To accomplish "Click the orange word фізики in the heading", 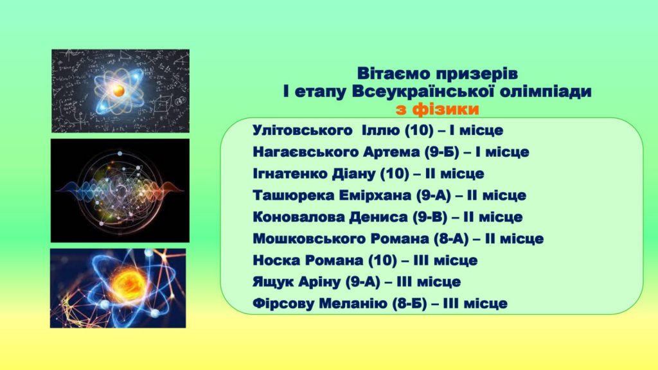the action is tap(446, 109).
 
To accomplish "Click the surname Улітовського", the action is tap(303, 130).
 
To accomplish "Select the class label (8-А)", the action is tap(450, 239).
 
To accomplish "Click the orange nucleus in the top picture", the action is tap(119, 90).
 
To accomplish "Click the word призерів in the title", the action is tap(476, 74).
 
